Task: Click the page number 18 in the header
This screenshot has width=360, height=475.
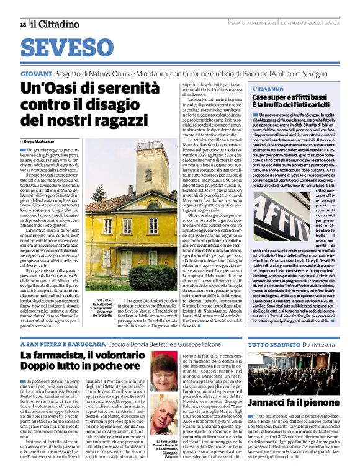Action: point(23,24)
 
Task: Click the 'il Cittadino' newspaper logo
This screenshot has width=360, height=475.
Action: point(55,24)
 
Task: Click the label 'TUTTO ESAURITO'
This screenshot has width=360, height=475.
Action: point(266,344)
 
